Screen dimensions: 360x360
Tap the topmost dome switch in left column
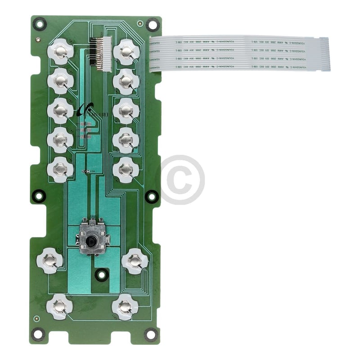(60, 52)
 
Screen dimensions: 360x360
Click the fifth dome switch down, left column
(60, 169)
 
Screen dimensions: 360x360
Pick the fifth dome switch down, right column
(126, 169)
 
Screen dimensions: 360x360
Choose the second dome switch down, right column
(126, 81)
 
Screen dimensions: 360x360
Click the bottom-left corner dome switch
(59, 306)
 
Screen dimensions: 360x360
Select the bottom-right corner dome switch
(125, 306)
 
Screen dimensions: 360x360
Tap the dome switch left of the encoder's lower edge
(49, 260)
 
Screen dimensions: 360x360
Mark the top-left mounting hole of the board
(40, 22)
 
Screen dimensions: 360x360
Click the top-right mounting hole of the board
(152, 23)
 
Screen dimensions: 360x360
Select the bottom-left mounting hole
(39, 333)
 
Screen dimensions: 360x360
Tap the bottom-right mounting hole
(150, 334)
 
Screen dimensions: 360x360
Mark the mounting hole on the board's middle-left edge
(39, 195)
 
